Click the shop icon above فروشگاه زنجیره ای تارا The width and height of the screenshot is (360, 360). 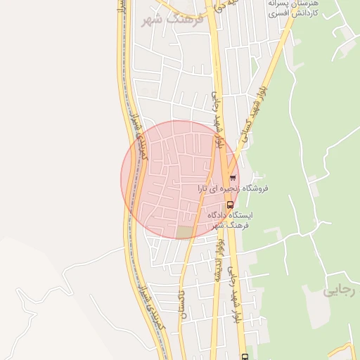[233, 178]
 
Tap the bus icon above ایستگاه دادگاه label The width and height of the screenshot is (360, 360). [230, 205]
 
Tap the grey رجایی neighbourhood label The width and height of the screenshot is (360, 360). [336, 290]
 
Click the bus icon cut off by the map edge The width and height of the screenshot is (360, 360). [244, 356]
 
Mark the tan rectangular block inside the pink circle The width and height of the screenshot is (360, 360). [184, 231]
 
